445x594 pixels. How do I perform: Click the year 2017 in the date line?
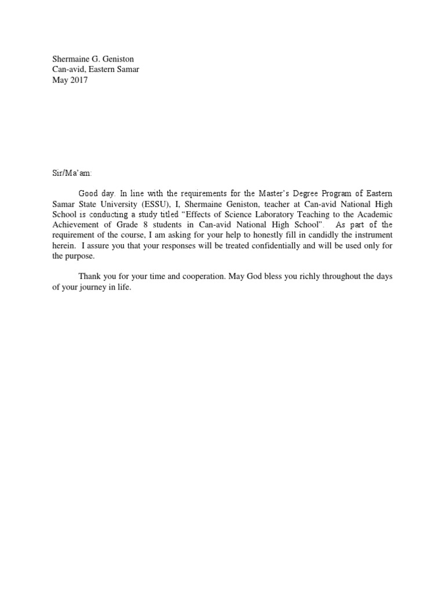coord(79,81)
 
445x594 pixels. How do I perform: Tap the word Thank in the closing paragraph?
coord(90,277)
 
